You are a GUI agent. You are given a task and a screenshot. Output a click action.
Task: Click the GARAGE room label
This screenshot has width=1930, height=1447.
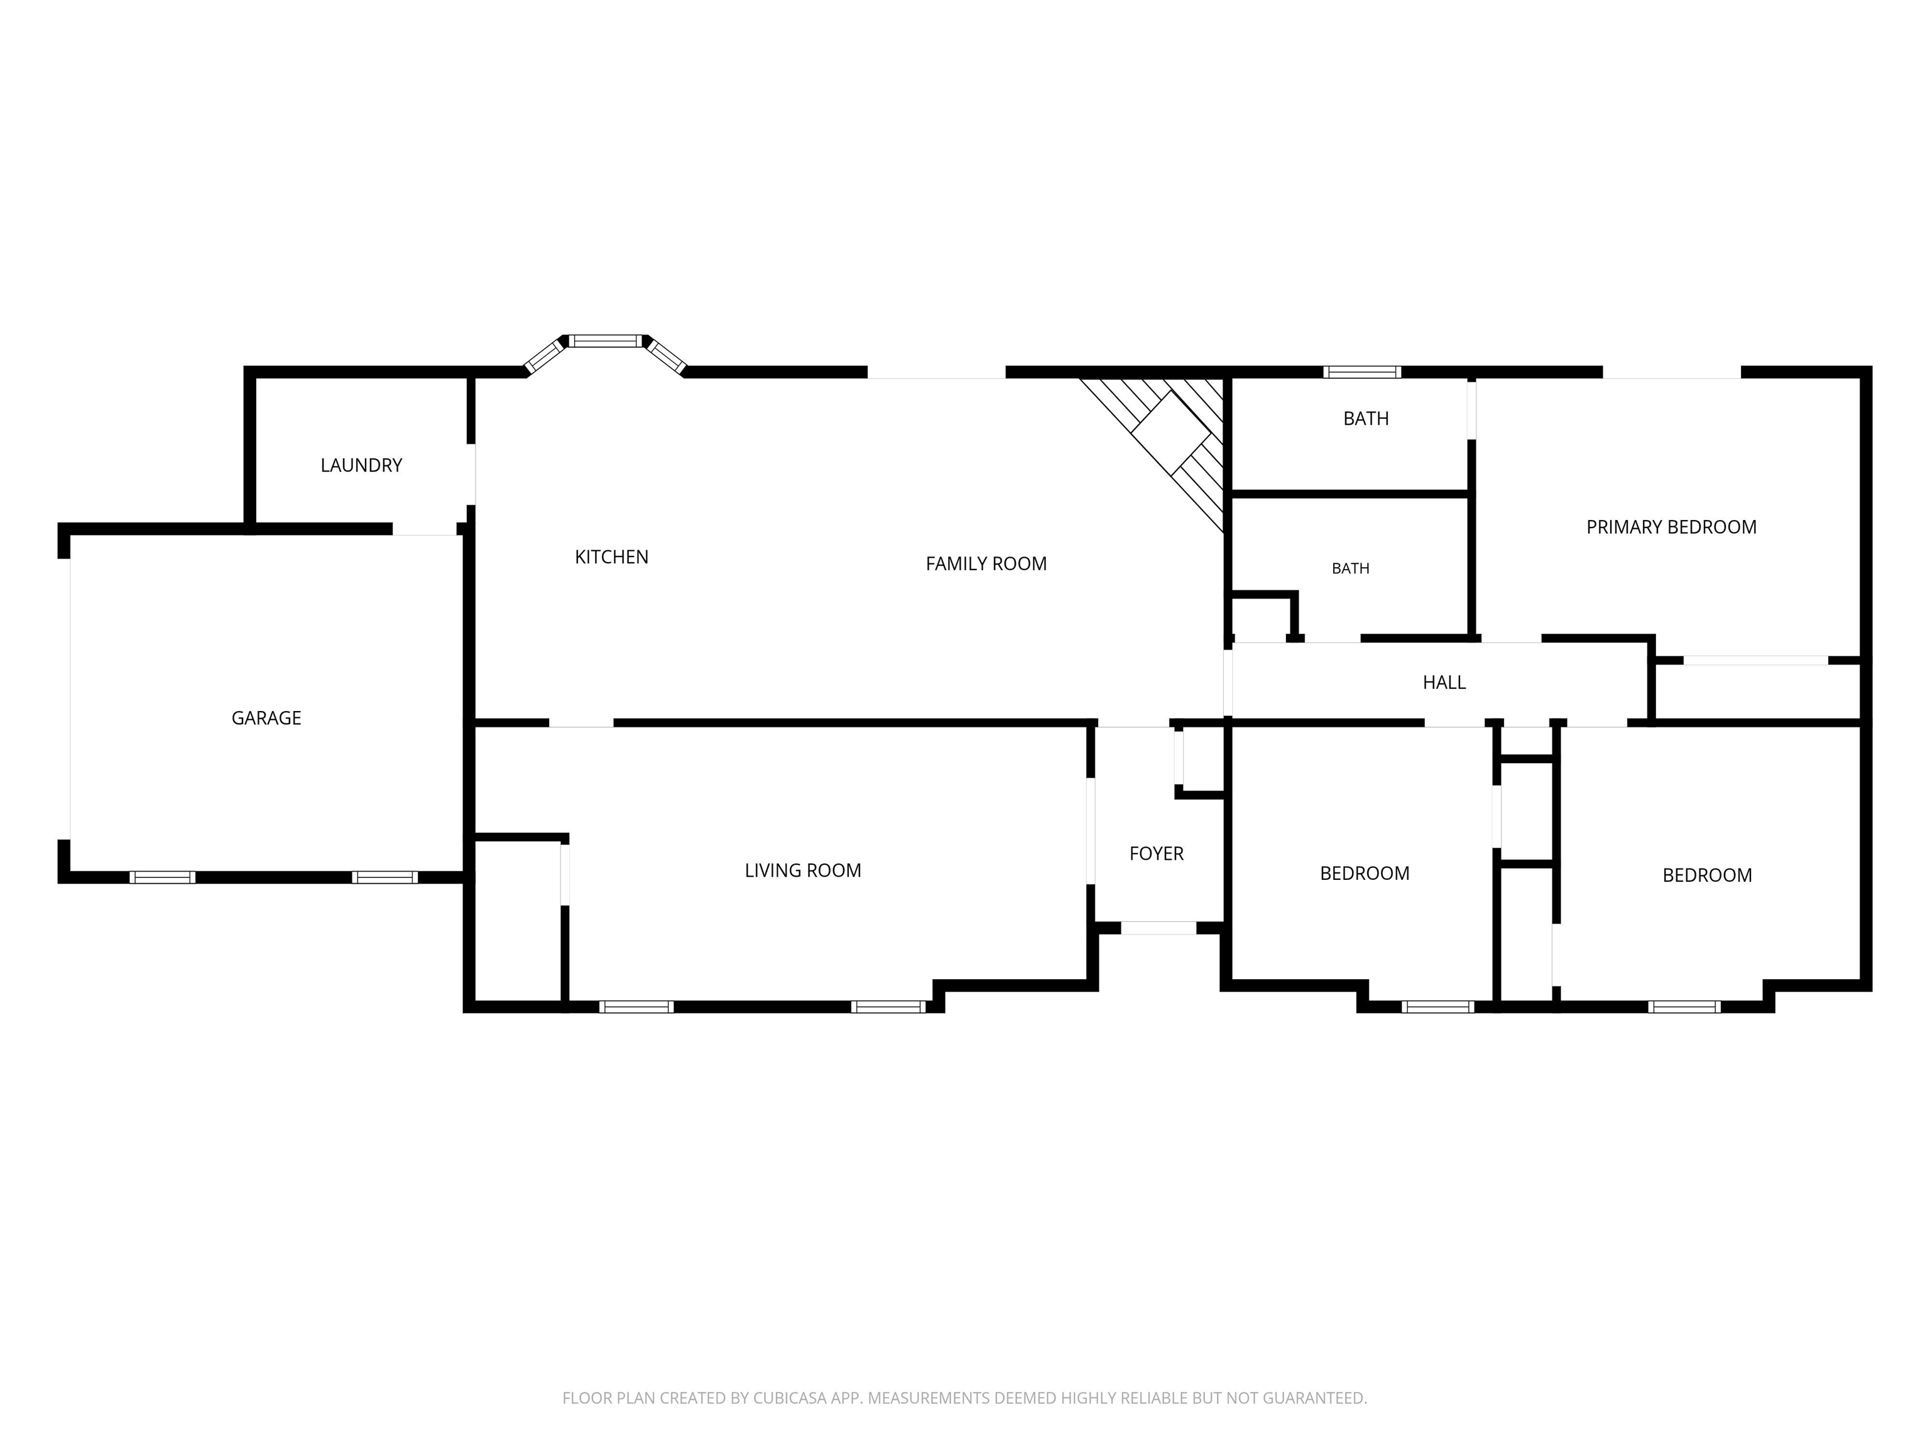266,718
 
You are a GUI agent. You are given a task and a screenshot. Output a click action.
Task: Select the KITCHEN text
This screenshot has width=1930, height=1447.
612,557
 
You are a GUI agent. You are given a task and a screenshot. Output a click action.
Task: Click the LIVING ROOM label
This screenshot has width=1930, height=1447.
803,870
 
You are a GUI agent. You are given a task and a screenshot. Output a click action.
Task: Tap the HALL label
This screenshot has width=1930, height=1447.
1444,683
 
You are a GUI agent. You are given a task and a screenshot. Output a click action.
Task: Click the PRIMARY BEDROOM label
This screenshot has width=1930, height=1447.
1671,527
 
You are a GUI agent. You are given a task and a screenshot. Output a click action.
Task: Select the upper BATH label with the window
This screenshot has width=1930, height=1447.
1365,419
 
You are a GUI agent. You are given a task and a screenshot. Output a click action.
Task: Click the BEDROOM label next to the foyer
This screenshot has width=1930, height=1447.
1365,873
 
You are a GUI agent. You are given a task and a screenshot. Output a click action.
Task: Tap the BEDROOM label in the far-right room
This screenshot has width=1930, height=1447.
1706,875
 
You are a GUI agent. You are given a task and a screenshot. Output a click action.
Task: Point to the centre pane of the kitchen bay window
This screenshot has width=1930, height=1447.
606,341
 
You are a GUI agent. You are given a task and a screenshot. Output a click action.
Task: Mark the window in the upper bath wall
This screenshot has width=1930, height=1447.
1362,372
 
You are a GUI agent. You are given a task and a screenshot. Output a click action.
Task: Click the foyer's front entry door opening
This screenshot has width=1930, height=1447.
1158,928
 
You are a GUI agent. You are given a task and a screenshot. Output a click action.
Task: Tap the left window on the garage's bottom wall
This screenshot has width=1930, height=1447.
162,877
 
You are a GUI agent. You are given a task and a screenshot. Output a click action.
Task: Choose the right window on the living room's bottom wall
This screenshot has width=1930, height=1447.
888,1007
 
